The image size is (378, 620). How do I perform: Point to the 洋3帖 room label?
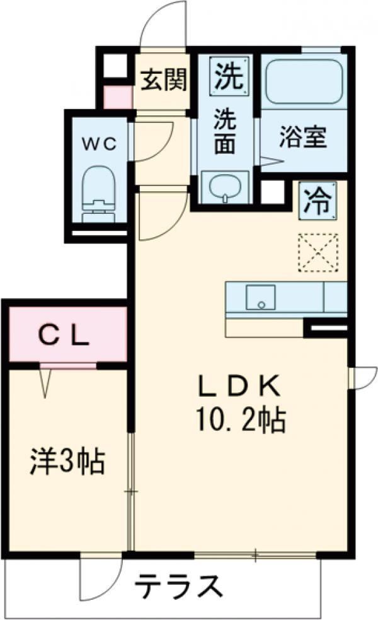coord(67,464)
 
